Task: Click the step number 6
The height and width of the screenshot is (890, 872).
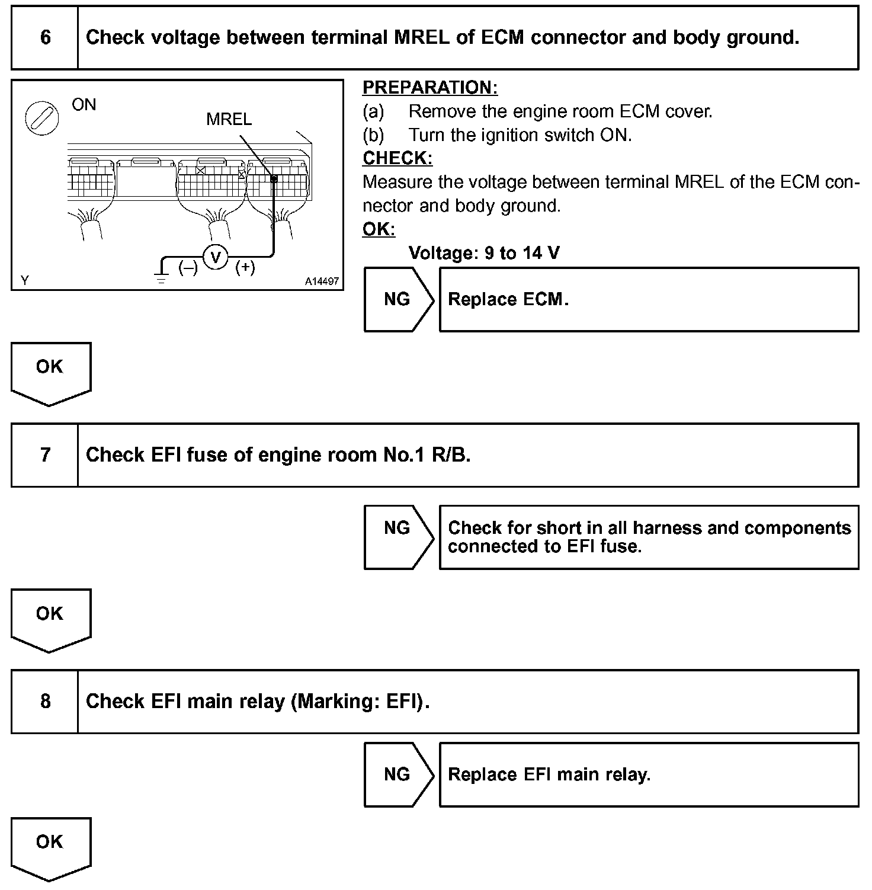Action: (45, 38)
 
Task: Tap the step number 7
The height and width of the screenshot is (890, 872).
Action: (45, 455)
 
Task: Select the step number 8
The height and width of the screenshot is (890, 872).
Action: (45, 702)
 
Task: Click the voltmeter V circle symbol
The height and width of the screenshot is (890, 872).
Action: (216, 257)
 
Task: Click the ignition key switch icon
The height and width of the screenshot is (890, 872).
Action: (41, 116)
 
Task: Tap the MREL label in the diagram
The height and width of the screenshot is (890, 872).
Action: (229, 119)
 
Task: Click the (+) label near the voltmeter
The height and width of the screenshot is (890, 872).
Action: (245, 268)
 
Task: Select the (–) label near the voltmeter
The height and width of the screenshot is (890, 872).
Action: (188, 268)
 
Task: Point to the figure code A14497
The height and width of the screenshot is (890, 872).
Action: (322, 281)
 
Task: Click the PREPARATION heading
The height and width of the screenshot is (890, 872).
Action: (430, 88)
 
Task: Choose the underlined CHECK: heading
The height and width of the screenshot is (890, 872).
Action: (397, 158)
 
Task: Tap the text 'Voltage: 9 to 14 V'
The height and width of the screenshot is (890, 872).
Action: (484, 254)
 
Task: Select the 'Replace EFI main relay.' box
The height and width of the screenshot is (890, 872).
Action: (649, 774)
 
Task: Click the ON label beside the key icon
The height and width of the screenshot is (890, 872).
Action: (84, 105)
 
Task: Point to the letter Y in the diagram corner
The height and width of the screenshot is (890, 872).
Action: (25, 280)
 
